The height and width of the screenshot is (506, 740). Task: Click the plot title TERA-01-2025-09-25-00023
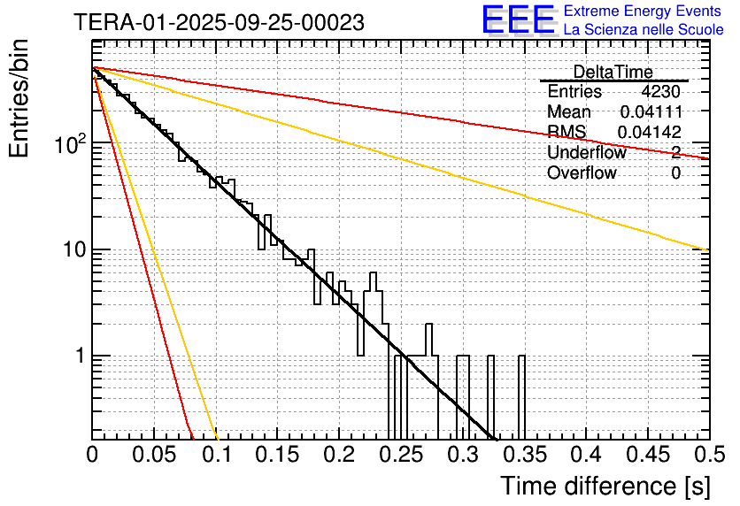(219, 23)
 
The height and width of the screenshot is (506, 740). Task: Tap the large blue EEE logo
(518, 21)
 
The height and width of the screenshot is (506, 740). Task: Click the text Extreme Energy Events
(644, 11)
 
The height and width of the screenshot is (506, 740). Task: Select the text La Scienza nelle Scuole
(644, 30)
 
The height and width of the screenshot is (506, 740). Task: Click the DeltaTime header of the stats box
(613, 72)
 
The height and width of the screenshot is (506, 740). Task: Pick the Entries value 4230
(661, 92)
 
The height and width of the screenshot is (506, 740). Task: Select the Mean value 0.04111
(651, 112)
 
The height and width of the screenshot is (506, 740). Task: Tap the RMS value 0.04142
(649, 133)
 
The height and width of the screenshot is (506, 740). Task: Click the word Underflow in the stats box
(586, 153)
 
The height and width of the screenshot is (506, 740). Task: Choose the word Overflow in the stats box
(582, 173)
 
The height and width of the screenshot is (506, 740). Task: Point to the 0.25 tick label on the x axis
(401, 455)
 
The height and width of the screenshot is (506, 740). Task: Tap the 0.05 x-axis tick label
(154, 455)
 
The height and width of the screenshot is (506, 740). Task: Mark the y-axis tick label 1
(78, 356)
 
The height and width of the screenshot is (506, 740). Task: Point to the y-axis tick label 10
(72, 249)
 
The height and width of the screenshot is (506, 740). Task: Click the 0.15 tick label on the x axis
(277, 455)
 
